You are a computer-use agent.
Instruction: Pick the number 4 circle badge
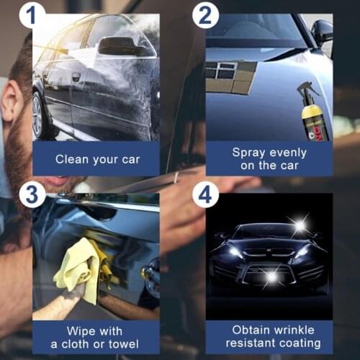204,194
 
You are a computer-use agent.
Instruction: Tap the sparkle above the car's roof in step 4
299,225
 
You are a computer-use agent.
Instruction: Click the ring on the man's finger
176,178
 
